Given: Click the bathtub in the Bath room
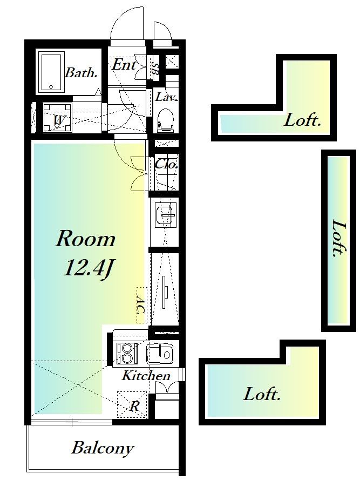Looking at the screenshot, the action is click(x=52, y=73).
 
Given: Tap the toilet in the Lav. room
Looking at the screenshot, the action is click(x=166, y=120).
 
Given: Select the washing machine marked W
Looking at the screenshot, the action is click(x=57, y=118).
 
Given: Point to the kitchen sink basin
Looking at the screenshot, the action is click(x=159, y=354).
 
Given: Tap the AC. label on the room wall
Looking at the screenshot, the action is click(x=140, y=305).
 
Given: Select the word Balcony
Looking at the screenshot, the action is click(x=103, y=449).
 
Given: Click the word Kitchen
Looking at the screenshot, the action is click(x=146, y=376).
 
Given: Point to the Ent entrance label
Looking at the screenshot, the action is click(x=124, y=65).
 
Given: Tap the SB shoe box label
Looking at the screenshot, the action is click(x=155, y=69).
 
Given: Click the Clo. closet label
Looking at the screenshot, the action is click(x=167, y=165).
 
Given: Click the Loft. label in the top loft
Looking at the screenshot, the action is click(x=302, y=120).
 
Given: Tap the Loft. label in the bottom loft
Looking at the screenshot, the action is click(x=262, y=394).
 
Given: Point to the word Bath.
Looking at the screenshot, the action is click(x=81, y=73).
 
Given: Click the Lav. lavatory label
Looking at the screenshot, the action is click(x=166, y=97).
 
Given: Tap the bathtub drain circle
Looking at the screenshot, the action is click(x=51, y=86).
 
